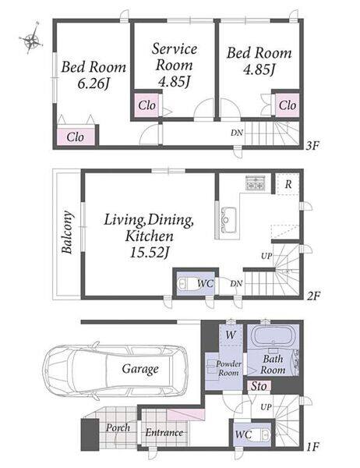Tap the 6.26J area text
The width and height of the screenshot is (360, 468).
tap(93, 84)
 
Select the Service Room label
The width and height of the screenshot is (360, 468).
tap(175, 57)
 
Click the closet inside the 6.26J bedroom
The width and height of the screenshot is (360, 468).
tap(76, 137)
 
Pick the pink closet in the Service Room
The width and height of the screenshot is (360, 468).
tap(146, 105)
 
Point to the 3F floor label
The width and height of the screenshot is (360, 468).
tap(313, 146)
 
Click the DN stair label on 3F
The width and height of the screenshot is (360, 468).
tap(237, 133)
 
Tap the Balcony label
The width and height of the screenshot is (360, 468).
tap(68, 232)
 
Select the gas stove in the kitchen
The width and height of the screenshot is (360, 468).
tap(255, 183)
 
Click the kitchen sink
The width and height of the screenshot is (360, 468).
tap(229, 219)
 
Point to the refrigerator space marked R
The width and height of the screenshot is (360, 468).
tap(288, 184)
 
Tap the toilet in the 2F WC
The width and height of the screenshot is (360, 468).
tap(185, 283)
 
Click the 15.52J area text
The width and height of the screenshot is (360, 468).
tap(149, 253)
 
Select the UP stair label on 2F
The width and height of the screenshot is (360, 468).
tap(266, 256)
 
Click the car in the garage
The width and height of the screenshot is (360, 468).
tap(115, 369)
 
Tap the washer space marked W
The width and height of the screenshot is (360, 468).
tap(231, 335)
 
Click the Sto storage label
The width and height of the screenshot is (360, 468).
tap(258, 386)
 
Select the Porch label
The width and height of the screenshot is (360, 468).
tap(118, 427)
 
